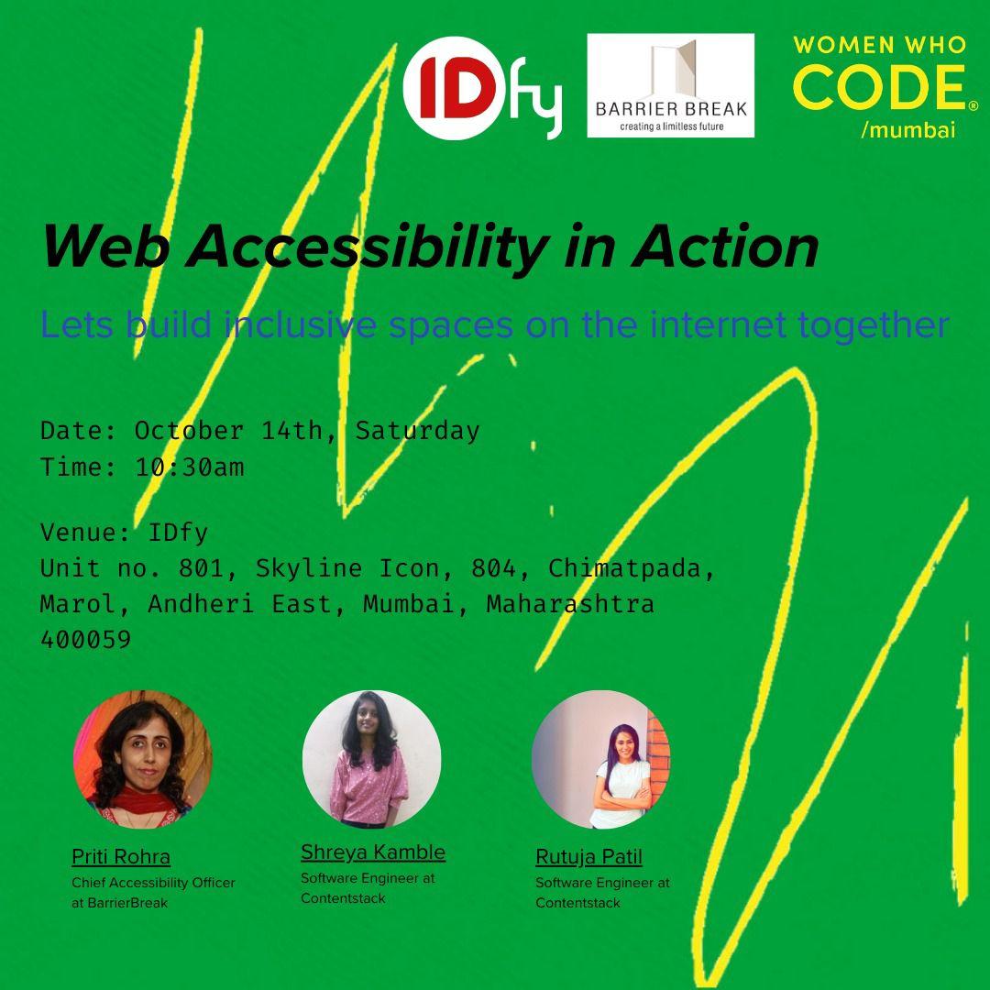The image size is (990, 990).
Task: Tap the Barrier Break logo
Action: tap(670, 85)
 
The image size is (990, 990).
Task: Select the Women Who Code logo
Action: tap(878, 87)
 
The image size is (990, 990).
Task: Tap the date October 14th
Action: tap(228, 431)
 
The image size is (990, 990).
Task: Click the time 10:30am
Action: tap(190, 467)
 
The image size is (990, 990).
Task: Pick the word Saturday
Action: tap(417, 431)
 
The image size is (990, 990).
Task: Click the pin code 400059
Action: tap(86, 640)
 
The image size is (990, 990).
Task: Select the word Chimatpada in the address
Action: tap(627, 568)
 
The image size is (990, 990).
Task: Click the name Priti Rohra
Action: tap(121, 857)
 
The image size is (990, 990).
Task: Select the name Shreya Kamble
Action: tap(373, 852)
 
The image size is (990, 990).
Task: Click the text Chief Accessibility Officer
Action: tap(153, 883)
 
